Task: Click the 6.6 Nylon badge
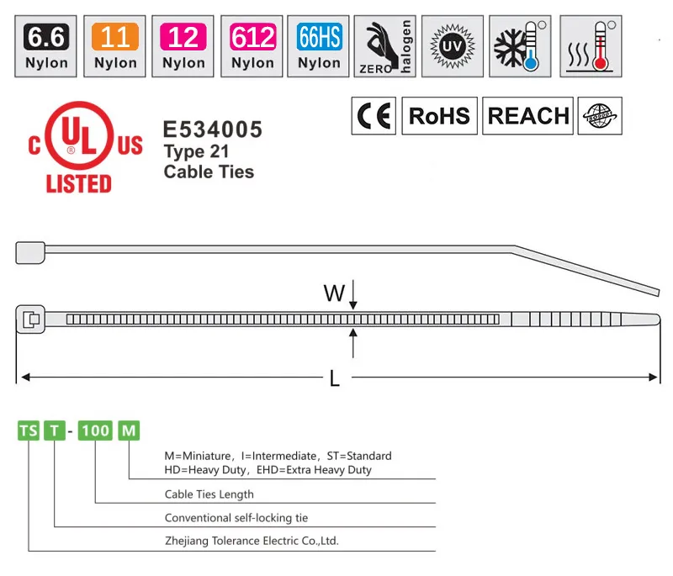click(47, 45)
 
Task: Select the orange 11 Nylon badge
click(115, 45)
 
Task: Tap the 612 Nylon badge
click(252, 45)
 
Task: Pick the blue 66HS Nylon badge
click(319, 45)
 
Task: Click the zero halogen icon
click(384, 45)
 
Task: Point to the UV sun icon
click(452, 45)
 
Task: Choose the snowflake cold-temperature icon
click(520, 45)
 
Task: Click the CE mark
click(373, 116)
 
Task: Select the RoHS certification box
click(439, 116)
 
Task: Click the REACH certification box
click(528, 116)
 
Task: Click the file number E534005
click(212, 129)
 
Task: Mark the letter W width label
click(334, 293)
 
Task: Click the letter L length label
click(335, 380)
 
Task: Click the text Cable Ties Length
click(209, 494)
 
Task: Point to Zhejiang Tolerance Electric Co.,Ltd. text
click(251, 542)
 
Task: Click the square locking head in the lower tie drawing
click(30, 319)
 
